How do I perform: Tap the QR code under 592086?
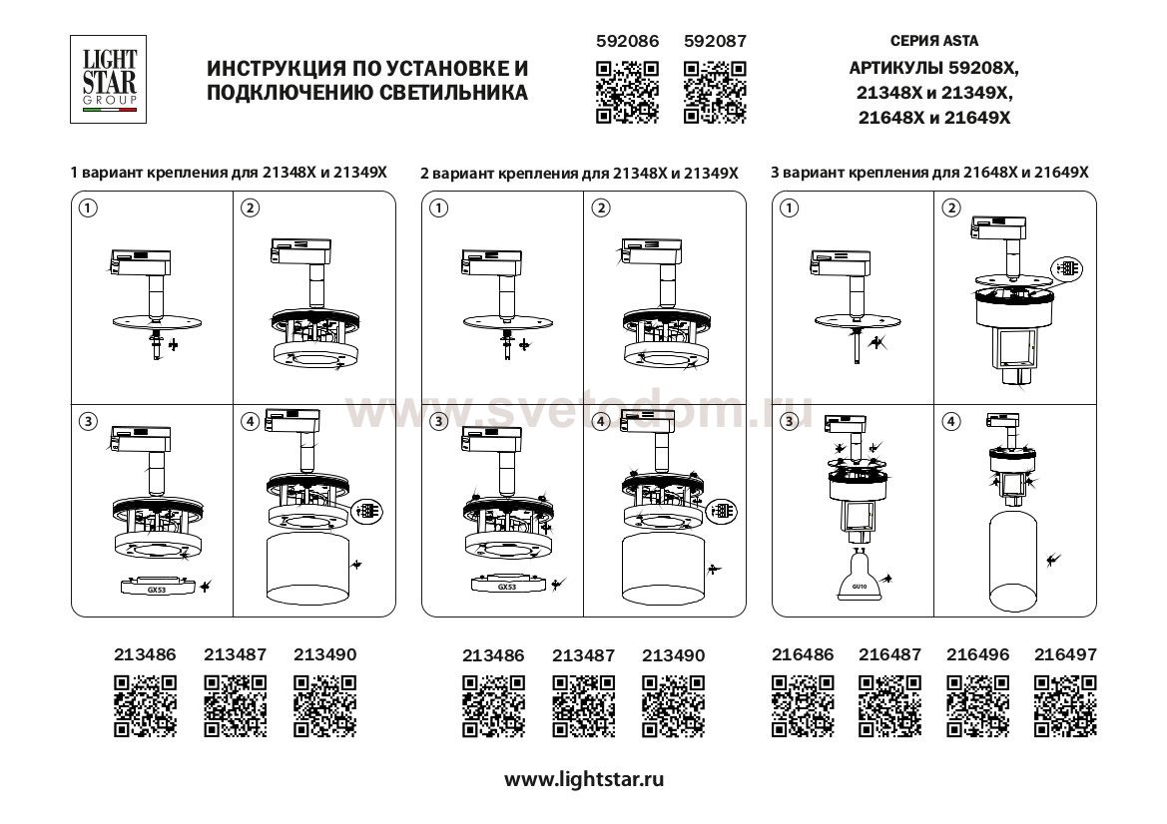point(627,92)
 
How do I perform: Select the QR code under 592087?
point(715,92)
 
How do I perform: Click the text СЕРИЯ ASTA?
point(933,42)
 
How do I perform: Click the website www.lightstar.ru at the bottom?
point(583,779)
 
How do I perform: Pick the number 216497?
point(1065,655)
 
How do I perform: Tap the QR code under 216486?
point(804,705)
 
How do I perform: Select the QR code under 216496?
point(977,705)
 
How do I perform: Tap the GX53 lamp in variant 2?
point(507,587)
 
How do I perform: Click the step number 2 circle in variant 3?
point(951,207)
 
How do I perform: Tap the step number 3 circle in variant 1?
point(88,422)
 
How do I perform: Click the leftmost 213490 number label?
point(324,655)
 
